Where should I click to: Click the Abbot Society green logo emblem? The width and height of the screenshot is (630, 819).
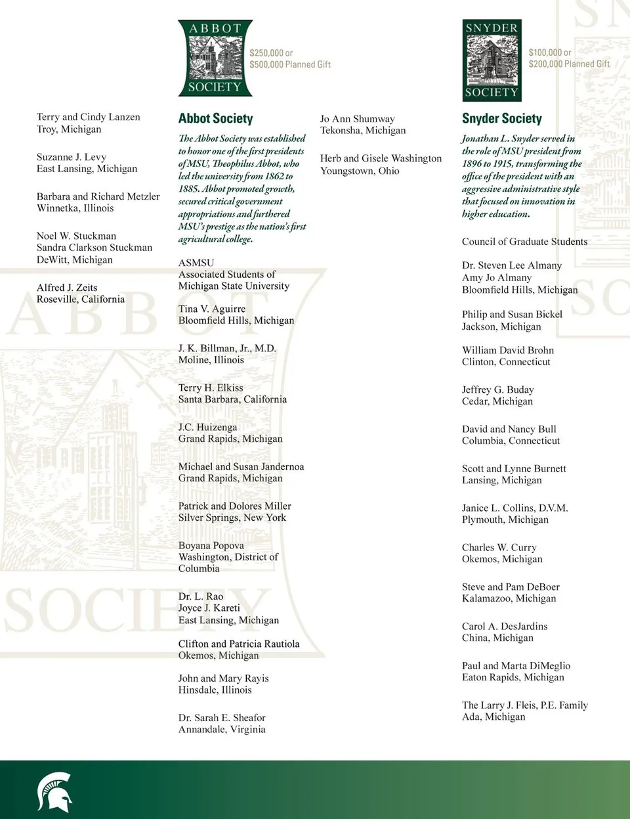[x=215, y=58]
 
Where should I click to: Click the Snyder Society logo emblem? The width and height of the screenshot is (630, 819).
[x=492, y=60]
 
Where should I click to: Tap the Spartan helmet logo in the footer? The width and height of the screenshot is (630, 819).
[x=54, y=791]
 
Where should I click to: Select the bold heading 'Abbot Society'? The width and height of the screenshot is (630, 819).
[x=215, y=119]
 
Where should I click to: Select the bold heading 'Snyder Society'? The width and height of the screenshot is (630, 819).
[x=501, y=119]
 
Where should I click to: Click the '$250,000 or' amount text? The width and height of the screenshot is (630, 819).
[x=271, y=53]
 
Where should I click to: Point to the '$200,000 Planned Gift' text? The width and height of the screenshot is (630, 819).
[x=569, y=64]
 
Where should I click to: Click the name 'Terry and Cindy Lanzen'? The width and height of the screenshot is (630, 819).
[x=89, y=117]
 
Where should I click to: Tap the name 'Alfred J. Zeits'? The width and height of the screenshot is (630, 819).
[x=67, y=288]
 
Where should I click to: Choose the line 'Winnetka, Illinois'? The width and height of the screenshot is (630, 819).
[x=75, y=208]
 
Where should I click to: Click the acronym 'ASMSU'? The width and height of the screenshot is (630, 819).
[x=196, y=263]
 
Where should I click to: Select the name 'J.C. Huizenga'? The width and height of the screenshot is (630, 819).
[x=207, y=427]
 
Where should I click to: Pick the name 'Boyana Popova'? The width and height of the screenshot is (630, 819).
[x=211, y=545]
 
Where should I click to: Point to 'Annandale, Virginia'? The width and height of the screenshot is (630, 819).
[x=222, y=729]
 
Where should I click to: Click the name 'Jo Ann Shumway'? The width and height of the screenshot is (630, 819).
[x=357, y=119]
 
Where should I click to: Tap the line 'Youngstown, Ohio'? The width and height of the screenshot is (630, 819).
[x=360, y=171]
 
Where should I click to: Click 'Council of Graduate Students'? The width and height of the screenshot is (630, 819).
[x=524, y=242]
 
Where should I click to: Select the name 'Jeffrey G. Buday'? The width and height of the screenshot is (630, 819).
[x=497, y=389]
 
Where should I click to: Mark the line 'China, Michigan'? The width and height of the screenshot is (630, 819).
[x=497, y=638]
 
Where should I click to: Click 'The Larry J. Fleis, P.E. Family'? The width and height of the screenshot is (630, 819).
[x=524, y=705]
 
